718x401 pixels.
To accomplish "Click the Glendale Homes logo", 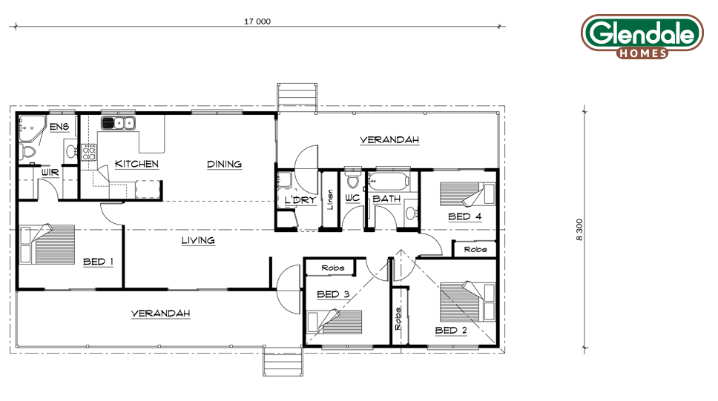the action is click(x=642, y=36).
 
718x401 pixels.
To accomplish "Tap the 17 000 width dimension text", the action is click(x=257, y=21).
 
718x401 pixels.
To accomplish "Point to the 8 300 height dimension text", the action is click(x=580, y=230).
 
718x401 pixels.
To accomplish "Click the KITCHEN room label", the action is click(x=136, y=164).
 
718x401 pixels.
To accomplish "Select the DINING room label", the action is click(x=224, y=164).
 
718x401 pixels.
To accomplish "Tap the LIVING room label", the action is click(x=198, y=240).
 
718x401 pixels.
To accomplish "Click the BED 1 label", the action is click(x=98, y=262).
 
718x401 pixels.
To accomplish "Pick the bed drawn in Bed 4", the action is click(x=467, y=194).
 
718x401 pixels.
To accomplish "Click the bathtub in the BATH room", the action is click(x=389, y=182).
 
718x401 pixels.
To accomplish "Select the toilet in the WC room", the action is click(x=352, y=180).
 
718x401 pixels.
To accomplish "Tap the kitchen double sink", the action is click(x=118, y=123).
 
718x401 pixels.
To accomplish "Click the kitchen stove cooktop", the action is click(x=88, y=153).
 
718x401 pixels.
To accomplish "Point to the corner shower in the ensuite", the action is click(x=32, y=129).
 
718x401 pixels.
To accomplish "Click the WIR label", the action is click(x=50, y=173).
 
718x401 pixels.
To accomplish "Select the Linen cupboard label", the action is click(x=329, y=199).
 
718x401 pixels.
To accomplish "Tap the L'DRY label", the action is click(x=300, y=200).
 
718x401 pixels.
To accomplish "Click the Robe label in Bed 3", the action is click(x=333, y=268).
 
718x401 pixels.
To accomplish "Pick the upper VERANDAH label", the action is click(x=389, y=139).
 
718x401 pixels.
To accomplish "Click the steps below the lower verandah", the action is click(x=283, y=361).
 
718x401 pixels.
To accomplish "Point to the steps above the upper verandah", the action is click(x=297, y=98).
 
